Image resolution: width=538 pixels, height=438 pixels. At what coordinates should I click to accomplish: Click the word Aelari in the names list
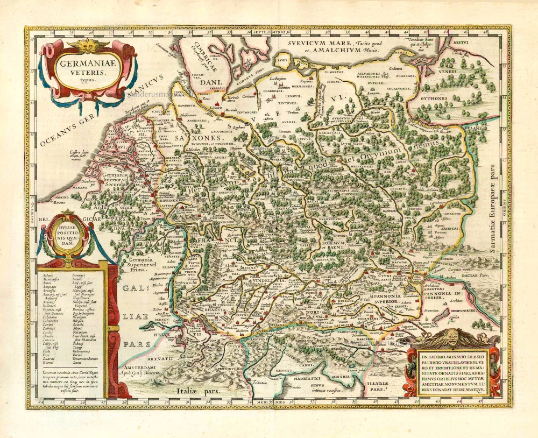pos(47,274)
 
